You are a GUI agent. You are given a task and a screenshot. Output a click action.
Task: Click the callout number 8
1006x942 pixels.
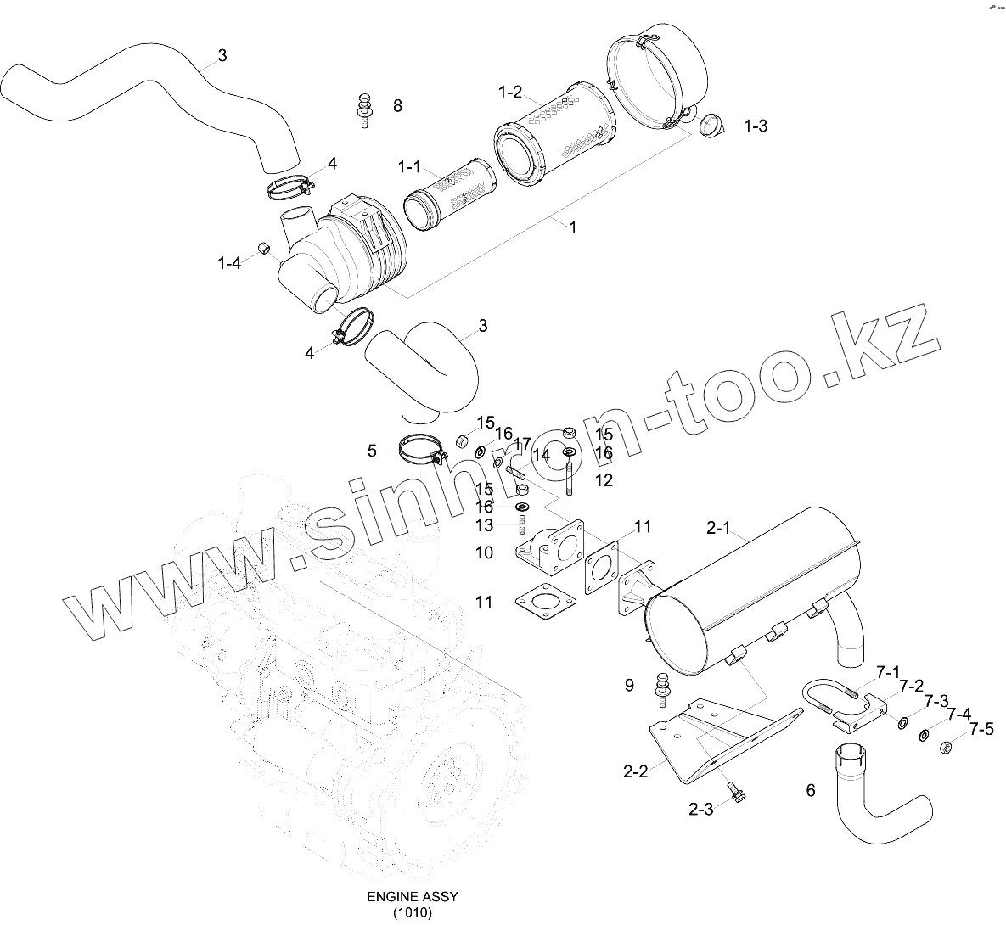(x=397, y=106)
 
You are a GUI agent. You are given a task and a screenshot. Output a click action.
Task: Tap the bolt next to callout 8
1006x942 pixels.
(x=364, y=109)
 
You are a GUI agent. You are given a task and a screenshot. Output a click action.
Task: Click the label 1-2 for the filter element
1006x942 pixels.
(x=510, y=93)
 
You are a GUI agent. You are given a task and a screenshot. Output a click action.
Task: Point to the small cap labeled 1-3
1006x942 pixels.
(x=711, y=126)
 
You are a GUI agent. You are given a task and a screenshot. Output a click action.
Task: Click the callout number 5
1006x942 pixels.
(x=372, y=451)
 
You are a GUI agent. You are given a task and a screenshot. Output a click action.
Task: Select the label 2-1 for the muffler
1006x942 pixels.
(x=718, y=528)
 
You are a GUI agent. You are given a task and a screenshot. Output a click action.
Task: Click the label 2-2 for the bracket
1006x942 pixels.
(x=635, y=771)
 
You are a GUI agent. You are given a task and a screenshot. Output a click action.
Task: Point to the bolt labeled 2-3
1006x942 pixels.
(x=734, y=797)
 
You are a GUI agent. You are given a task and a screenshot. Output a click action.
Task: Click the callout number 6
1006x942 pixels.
(x=810, y=790)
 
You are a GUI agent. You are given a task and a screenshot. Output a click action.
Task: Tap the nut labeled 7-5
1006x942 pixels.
(x=943, y=747)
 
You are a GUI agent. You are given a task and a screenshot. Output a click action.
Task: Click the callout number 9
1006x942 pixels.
(x=629, y=685)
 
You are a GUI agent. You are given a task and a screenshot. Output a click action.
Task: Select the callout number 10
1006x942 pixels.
(x=484, y=552)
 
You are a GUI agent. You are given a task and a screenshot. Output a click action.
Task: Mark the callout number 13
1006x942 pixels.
(x=484, y=526)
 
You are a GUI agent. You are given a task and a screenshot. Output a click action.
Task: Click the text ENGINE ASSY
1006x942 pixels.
(x=412, y=897)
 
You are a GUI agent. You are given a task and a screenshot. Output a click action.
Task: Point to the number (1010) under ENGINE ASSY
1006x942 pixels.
(x=412, y=913)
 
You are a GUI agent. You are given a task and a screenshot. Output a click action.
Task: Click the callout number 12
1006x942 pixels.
(x=604, y=480)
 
